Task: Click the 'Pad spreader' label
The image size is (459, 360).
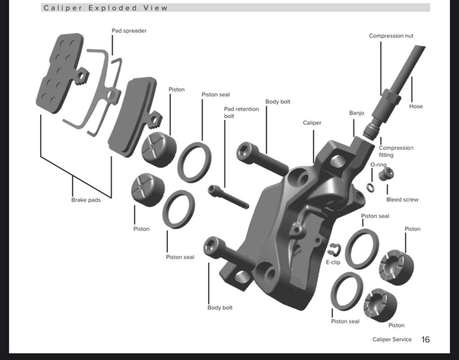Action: point(129,31)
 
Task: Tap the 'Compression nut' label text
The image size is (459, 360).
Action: point(391,36)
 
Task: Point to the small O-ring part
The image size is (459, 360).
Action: point(370,187)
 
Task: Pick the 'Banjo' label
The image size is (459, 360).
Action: point(356,113)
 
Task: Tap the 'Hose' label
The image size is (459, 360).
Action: point(416,107)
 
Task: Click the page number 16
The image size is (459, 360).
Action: point(425,339)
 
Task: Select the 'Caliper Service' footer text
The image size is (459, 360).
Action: point(392,339)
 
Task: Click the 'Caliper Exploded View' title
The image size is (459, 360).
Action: point(106,8)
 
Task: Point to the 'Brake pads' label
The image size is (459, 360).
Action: point(86,200)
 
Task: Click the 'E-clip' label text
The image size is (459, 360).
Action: point(333,262)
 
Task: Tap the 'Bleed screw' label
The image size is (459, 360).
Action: point(402,200)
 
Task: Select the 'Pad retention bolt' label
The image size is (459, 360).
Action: point(241,112)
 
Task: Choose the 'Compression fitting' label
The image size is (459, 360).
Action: point(396,151)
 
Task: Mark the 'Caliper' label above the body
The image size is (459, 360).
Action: point(312,123)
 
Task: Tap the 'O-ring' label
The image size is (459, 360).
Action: point(378,165)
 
